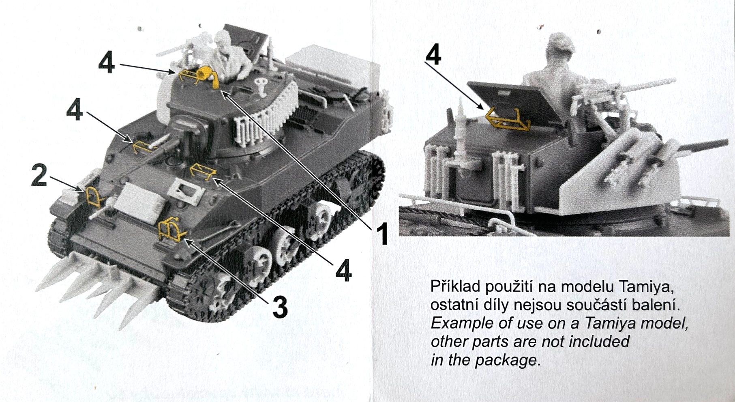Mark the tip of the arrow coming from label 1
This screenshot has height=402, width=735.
pos(221,90)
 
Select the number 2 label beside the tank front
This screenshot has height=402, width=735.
pos(40,176)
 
